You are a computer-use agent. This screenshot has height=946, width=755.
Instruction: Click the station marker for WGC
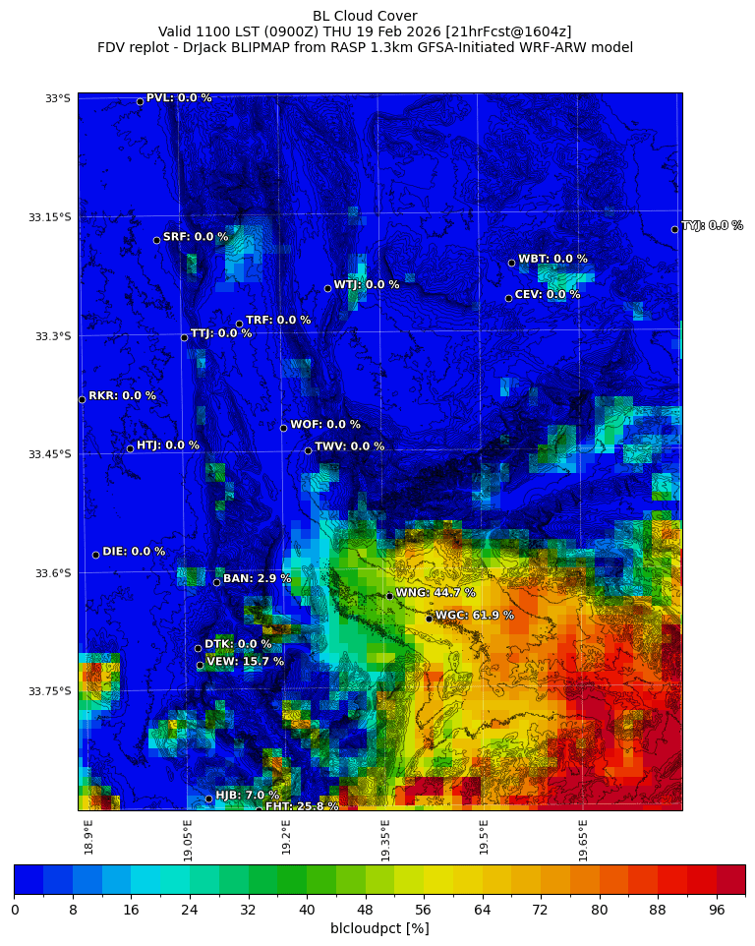pyautogui.click(x=429, y=619)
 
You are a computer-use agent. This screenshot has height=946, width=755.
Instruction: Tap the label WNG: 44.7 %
pyautogui.click(x=435, y=593)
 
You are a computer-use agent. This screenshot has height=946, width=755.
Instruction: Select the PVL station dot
pyautogui.click(x=140, y=101)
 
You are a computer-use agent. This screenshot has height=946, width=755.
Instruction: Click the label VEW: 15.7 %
pyautogui.click(x=245, y=662)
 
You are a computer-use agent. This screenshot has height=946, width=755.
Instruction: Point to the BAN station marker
pyautogui.click(x=216, y=582)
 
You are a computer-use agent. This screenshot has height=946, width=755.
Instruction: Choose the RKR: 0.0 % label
pyautogui.click(x=122, y=396)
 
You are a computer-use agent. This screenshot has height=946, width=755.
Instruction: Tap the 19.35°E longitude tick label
pyautogui.click(x=386, y=841)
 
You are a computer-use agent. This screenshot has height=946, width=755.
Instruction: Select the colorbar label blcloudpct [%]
pyautogui.click(x=379, y=928)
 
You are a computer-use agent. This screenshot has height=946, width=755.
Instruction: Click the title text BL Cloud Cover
pyautogui.click(x=365, y=16)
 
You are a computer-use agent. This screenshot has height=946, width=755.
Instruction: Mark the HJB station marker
pyautogui.click(x=208, y=798)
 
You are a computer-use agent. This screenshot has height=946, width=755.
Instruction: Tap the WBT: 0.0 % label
pyautogui.click(x=552, y=260)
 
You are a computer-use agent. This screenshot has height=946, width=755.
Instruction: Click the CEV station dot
pyautogui.click(x=508, y=298)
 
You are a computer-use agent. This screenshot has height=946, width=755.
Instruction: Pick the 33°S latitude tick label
pyautogui.click(x=58, y=98)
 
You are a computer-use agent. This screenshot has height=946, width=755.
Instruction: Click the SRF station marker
pyautogui.click(x=156, y=240)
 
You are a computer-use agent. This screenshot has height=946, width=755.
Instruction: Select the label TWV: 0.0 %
pyautogui.click(x=349, y=446)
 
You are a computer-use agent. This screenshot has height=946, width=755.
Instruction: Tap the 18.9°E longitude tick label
pyautogui.click(x=89, y=837)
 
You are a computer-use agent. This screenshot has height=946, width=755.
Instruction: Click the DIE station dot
pyautogui.click(x=95, y=555)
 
